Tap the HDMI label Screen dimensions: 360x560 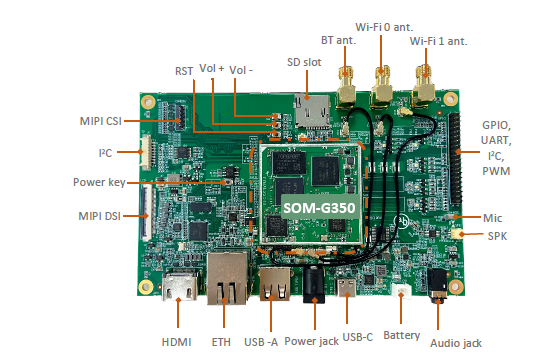[x=177, y=341]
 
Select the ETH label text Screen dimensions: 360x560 [x=222, y=341]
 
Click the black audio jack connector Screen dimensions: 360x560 [x=437, y=281]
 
